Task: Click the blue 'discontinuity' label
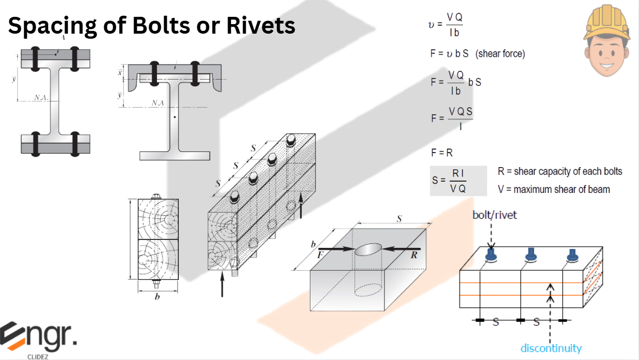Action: pos(550,348)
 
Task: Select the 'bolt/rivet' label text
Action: pos(495,215)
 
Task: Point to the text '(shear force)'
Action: pos(500,54)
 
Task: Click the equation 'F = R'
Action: pos(442,153)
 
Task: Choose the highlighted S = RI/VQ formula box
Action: pos(458,181)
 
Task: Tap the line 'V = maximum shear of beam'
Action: pos(554,190)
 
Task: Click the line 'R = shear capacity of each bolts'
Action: pos(559,172)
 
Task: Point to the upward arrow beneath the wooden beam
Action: pos(223,284)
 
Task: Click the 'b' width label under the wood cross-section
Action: pos(156,297)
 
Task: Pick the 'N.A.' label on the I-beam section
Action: pos(41,98)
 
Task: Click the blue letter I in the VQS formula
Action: pos(460,127)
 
